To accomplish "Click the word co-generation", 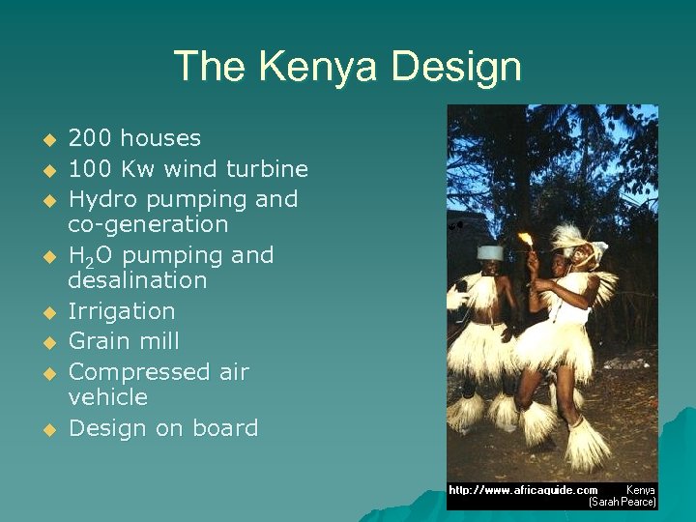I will (x=148, y=224).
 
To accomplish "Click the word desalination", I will (x=137, y=280).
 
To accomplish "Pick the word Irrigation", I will (x=122, y=311).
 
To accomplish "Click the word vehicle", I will (x=107, y=397).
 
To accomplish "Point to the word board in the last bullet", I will (x=226, y=428).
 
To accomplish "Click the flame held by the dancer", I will (x=527, y=239).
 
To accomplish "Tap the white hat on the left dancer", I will (x=491, y=252).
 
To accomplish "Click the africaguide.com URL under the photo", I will (x=522, y=490).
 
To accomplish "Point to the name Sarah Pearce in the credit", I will (x=623, y=503).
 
